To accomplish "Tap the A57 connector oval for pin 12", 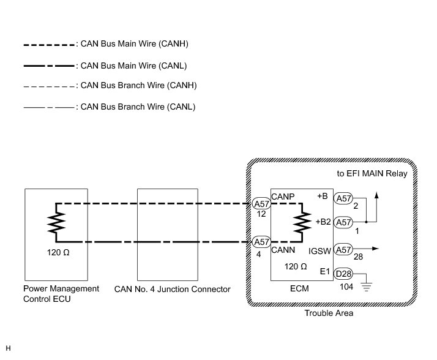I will [x=262, y=203].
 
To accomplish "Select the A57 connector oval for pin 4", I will [x=262, y=242].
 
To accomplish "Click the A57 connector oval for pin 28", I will [x=343, y=249].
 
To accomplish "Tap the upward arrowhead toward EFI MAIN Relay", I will [x=376, y=195].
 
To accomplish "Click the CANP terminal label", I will [x=283, y=197].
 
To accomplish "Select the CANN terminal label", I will [x=283, y=249].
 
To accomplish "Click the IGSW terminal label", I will [x=320, y=250].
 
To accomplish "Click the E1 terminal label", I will [x=325, y=270].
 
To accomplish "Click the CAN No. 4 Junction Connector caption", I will [x=173, y=289].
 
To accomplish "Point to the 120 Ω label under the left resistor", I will [x=59, y=252].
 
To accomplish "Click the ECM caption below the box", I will [x=301, y=288].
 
